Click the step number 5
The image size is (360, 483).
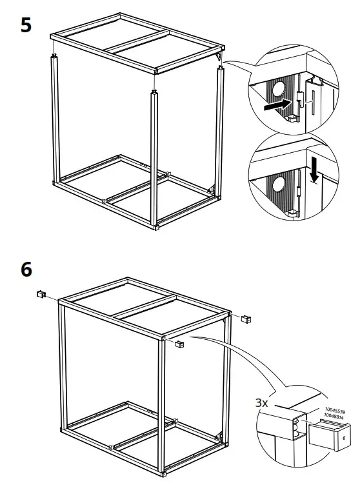point(26,26)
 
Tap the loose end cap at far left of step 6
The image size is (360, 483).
point(40,293)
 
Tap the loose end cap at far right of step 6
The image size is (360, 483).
point(246,319)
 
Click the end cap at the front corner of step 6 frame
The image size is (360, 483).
point(179,344)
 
